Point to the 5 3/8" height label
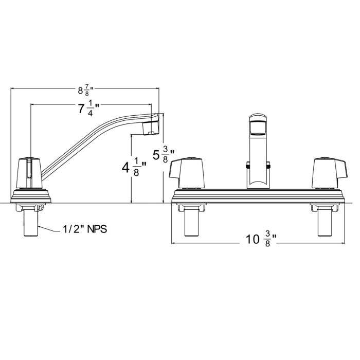pyautogui.click(x=164, y=155)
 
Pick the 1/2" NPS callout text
pyautogui.click(x=85, y=229)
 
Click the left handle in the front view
pyautogui.click(x=187, y=173)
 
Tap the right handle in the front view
pyautogui.click(x=329, y=173)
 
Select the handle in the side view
pyautogui.click(x=30, y=173)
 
